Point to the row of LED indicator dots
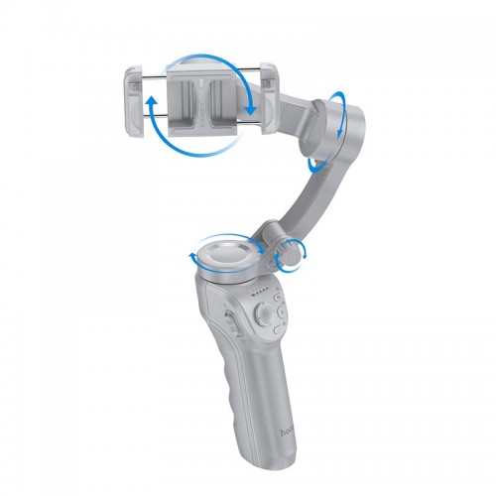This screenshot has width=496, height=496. [x=261, y=293]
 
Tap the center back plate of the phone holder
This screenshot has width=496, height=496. [x=203, y=99]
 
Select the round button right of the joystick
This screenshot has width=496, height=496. [x=283, y=315]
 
